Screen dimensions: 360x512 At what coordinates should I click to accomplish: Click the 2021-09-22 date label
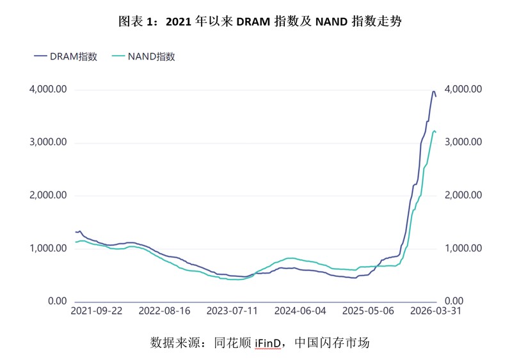96,311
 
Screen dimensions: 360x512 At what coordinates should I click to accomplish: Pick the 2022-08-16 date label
164,311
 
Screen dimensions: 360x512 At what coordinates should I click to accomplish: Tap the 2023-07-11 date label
232,311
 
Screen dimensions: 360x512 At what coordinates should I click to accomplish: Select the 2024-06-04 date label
300,311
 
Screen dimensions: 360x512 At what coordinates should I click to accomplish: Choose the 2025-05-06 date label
367,311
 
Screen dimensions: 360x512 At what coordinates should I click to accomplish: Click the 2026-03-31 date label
435,311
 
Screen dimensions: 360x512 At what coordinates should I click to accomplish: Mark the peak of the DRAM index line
433,91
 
